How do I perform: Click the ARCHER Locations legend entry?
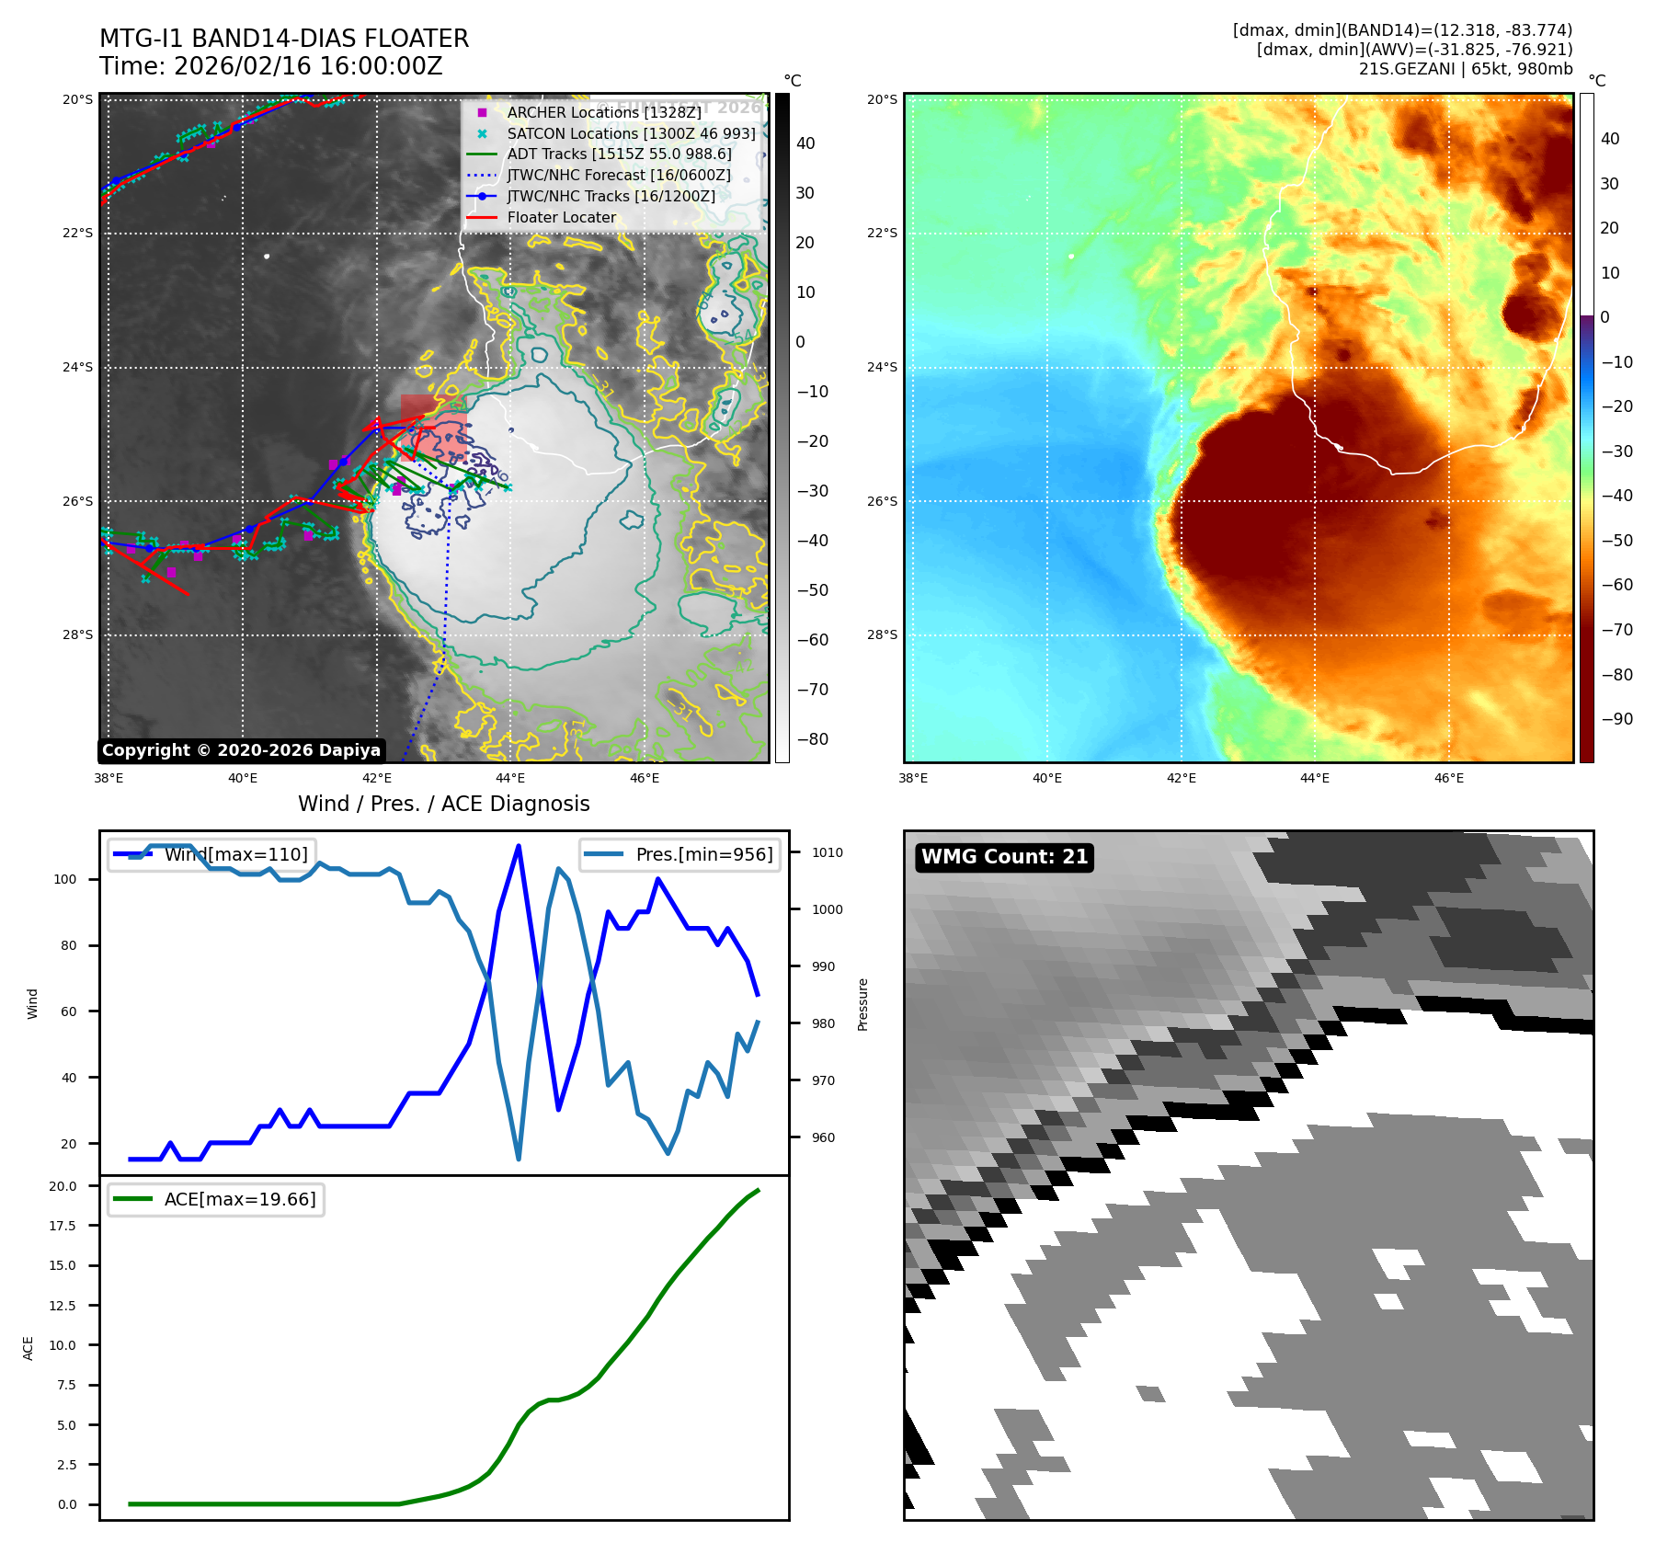[x=603, y=112]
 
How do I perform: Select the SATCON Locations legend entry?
[x=631, y=133]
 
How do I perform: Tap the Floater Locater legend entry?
[x=561, y=217]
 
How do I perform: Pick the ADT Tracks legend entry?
[x=619, y=154]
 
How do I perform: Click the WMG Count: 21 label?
[x=1004, y=857]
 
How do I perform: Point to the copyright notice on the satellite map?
[x=241, y=750]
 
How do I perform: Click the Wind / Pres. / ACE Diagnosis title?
[x=444, y=804]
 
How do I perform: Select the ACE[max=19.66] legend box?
[x=216, y=1199]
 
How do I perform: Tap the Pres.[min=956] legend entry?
[x=680, y=854]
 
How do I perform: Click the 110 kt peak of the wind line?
[x=519, y=846]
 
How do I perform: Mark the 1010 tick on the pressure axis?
[x=827, y=852]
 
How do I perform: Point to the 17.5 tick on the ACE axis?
[x=63, y=1226]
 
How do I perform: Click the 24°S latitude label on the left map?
[x=77, y=367]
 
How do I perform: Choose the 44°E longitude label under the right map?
[x=1314, y=778]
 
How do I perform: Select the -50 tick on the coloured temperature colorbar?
[x=1616, y=540]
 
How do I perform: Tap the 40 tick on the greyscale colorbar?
[x=805, y=143]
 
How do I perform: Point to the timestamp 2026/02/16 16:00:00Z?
[x=308, y=67]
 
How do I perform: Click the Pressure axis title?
[x=862, y=1004]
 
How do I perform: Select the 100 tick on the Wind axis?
[x=65, y=879]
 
